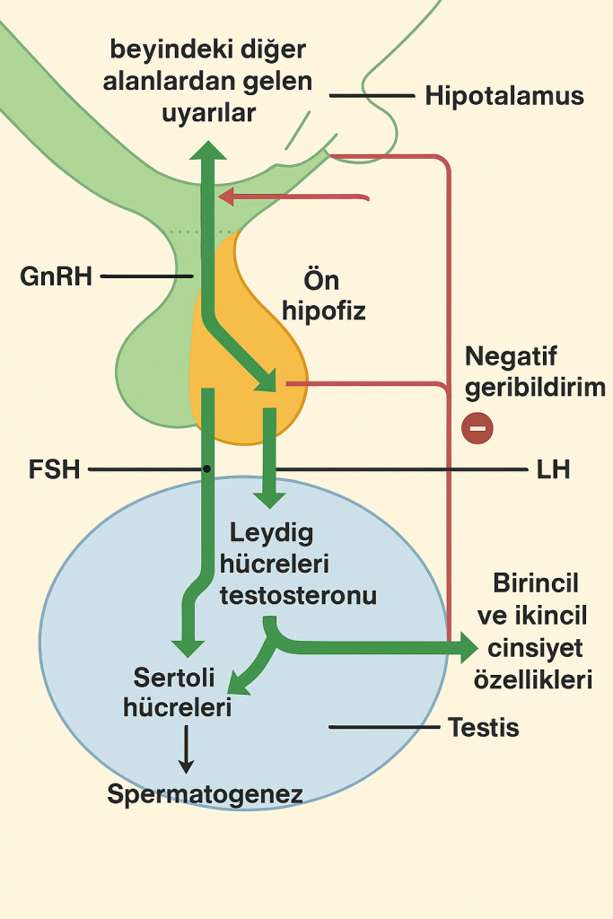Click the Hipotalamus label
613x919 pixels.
click(504, 96)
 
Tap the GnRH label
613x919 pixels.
click(56, 276)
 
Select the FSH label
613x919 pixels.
click(54, 469)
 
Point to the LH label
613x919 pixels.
click(552, 469)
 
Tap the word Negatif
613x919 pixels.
click(511, 357)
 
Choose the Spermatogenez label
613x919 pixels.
click(205, 794)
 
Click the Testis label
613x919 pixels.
click(483, 727)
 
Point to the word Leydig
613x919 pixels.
click(271, 532)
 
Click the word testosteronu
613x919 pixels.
click(298, 595)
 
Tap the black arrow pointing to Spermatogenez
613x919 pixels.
click(186, 750)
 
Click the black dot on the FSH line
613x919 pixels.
click(207, 469)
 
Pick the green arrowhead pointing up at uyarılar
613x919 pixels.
click(208, 149)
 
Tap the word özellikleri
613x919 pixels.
click(533, 679)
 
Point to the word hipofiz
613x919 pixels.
click(323, 311)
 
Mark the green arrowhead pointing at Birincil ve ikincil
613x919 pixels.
click(467, 645)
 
